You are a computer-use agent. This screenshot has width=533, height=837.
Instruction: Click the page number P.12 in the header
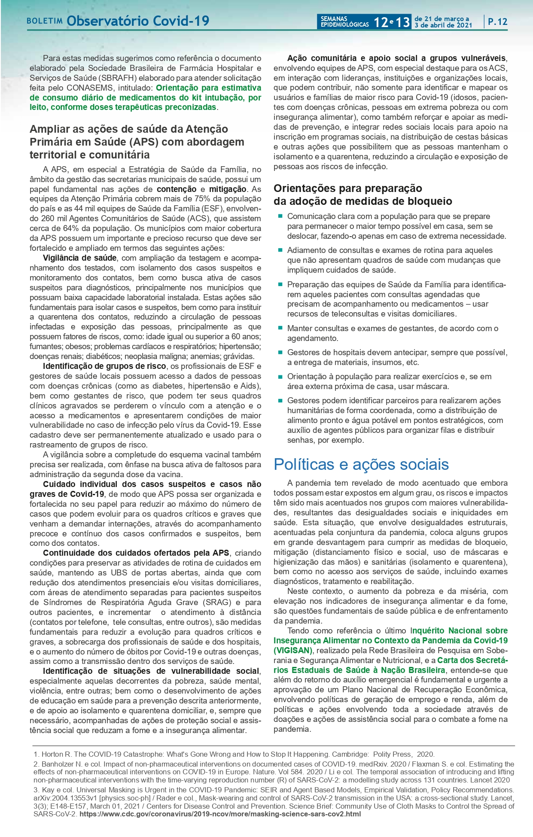pos(497,21)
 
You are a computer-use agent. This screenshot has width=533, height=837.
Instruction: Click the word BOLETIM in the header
pos(45,21)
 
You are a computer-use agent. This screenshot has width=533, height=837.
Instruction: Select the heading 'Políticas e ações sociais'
pos(361,464)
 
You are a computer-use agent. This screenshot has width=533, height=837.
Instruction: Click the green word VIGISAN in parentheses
pos(293,650)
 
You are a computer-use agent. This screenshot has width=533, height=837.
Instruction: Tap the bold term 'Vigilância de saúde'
pos(79,258)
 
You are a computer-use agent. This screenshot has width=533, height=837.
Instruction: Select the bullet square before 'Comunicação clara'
pos(280,216)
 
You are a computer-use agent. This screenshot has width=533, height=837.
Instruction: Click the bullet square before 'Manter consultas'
pos(280,328)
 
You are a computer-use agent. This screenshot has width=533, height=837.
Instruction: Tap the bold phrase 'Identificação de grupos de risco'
pos(104,366)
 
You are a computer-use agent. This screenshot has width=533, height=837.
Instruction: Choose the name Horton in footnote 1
pos(52,754)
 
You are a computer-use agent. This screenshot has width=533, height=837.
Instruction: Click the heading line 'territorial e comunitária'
pos(90,155)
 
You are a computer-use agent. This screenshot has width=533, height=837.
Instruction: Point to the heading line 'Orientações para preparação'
pos(348,188)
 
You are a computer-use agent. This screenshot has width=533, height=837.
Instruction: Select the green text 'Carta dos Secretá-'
pos(472,660)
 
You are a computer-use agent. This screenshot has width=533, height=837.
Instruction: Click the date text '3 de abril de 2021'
pos(443,25)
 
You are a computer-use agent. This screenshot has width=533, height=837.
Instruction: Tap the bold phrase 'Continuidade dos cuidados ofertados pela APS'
pos(136,553)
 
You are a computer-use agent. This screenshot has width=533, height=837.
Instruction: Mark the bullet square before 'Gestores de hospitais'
pos(280,352)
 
